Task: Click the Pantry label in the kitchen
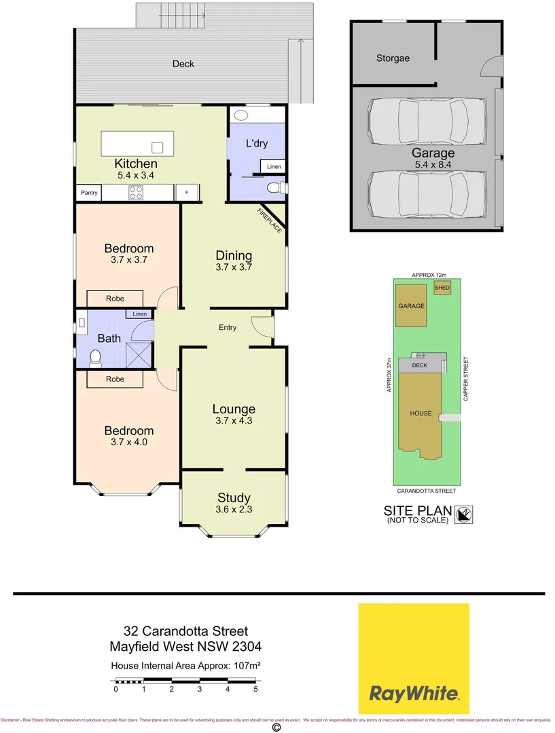pyautogui.click(x=90, y=193)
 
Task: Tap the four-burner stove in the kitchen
pyautogui.click(x=135, y=193)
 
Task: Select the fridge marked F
pyautogui.click(x=186, y=193)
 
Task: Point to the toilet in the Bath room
pyautogui.click(x=96, y=356)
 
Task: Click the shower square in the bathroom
pyautogui.click(x=141, y=354)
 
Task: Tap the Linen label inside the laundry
pyautogui.click(x=274, y=167)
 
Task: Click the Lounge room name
pyautogui.click(x=234, y=409)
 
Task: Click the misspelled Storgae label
pyautogui.click(x=393, y=58)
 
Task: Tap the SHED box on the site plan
pyautogui.click(x=442, y=288)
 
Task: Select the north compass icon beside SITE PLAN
pyautogui.click(x=465, y=515)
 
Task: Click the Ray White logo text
pyautogui.click(x=414, y=694)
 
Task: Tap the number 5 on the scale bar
pyautogui.click(x=256, y=689)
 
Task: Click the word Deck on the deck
pyautogui.click(x=183, y=64)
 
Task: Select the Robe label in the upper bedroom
pyautogui.click(x=115, y=299)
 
